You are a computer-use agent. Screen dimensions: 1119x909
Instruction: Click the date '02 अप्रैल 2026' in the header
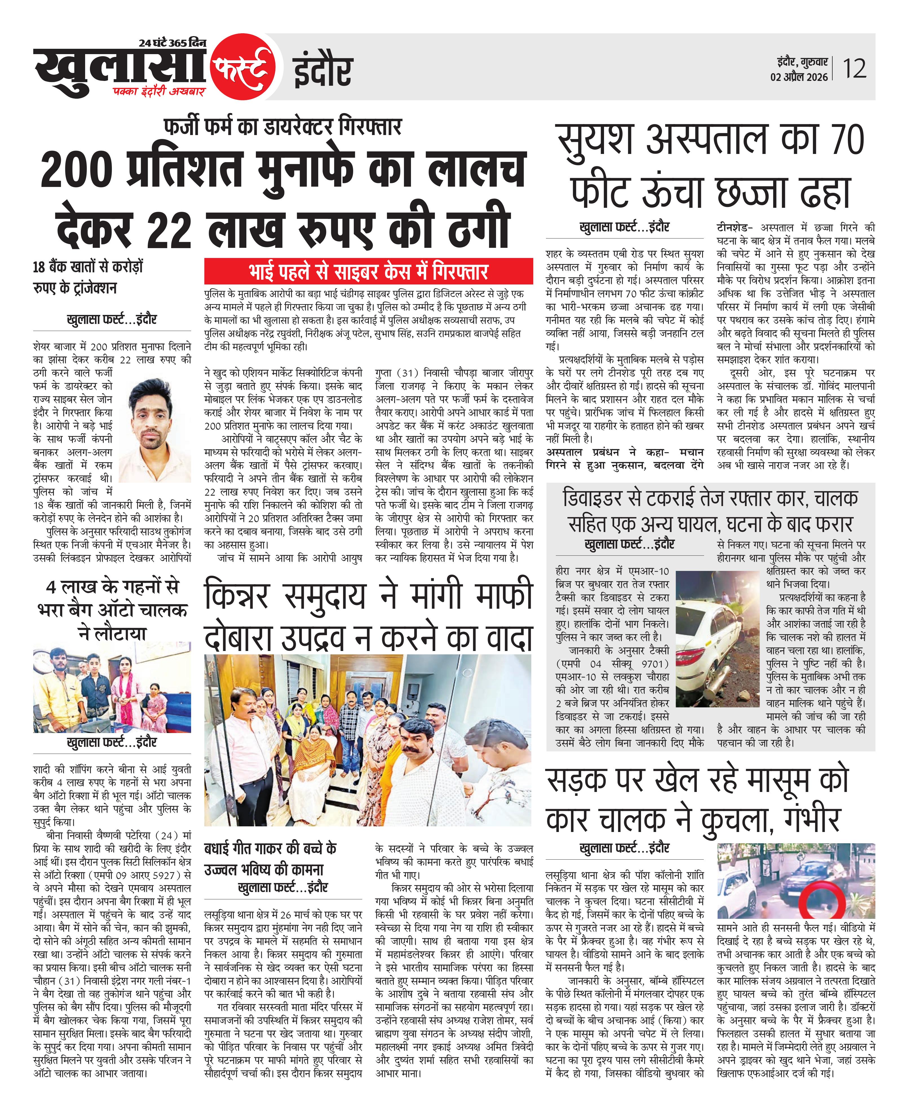pyautogui.click(x=799, y=77)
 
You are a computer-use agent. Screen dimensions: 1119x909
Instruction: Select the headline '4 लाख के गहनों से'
pyautogui.click(x=112, y=587)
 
